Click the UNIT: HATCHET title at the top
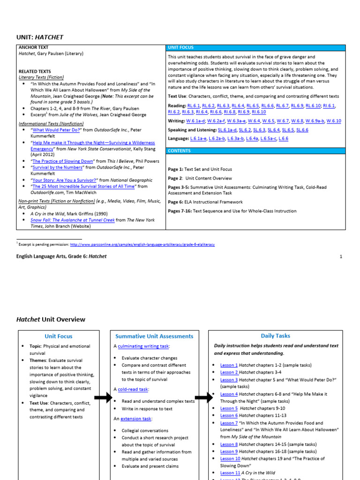click(40, 37)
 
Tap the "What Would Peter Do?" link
click(57, 130)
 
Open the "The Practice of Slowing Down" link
click(63, 161)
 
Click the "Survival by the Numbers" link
click(57, 167)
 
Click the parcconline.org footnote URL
click(142, 244)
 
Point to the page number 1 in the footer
click(341, 256)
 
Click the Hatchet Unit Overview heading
click(51, 319)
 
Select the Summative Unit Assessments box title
click(154, 336)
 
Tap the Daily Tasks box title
click(275, 336)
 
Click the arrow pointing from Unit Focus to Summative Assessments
click(103, 397)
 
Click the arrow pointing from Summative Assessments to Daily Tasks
click(203, 397)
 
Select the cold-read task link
click(134, 389)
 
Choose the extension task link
click(137, 419)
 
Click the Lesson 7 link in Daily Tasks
click(229, 423)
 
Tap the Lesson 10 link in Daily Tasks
click(230, 458)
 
